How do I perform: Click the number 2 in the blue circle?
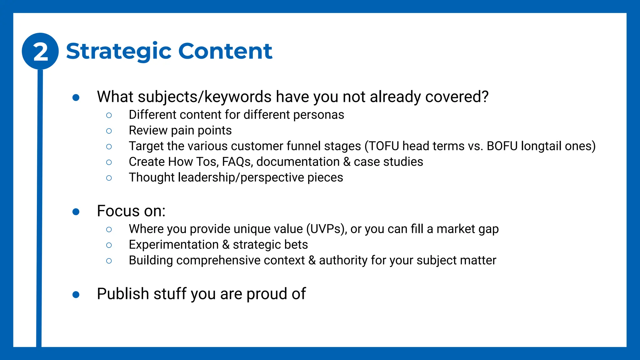click(40, 52)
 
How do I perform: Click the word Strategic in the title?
click(119, 51)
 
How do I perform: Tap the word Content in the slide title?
click(225, 51)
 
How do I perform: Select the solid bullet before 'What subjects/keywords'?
click(76, 98)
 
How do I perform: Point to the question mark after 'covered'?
click(485, 97)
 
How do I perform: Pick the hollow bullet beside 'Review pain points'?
click(109, 131)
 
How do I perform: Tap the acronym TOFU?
click(384, 146)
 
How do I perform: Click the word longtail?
click(539, 146)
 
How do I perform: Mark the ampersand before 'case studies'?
click(347, 162)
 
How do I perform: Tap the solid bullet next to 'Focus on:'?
click(76, 212)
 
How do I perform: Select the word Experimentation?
click(173, 245)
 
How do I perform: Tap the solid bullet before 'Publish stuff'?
click(76, 295)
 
